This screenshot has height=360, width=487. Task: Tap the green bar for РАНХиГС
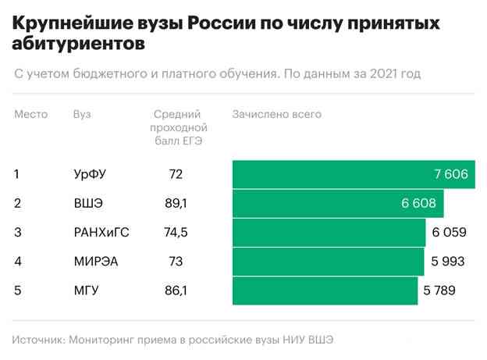click(x=328, y=233)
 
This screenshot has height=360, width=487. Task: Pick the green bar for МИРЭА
click(x=326, y=262)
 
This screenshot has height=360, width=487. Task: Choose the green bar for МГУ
click(x=324, y=290)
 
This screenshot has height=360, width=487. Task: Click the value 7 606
click(x=451, y=174)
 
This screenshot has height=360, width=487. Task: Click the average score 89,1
click(x=176, y=204)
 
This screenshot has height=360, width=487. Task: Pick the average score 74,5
click(x=176, y=233)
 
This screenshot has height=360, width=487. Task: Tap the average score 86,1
click(x=176, y=290)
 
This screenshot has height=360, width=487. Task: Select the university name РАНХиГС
click(x=100, y=233)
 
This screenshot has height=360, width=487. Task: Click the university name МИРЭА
click(x=96, y=262)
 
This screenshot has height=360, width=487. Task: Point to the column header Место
click(x=31, y=115)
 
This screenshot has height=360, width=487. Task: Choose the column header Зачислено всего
click(x=276, y=115)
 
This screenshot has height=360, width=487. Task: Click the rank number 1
click(x=17, y=174)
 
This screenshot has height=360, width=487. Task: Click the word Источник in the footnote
click(x=37, y=339)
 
